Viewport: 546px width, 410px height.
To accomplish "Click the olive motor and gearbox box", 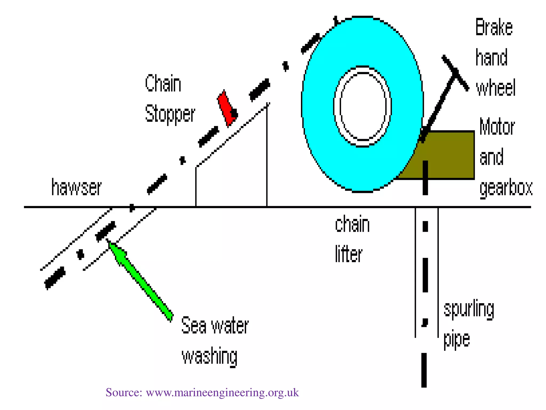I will pyautogui.click(x=448, y=155).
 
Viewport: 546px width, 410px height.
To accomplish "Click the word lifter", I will pyautogui.click(x=348, y=254).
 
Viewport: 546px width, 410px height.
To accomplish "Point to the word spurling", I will pyautogui.click(x=469, y=310).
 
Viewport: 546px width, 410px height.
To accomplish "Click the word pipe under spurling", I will pyautogui.click(x=456, y=340).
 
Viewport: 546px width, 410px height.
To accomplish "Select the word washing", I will pyautogui.click(x=210, y=356).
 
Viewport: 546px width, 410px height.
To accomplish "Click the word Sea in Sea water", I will pyautogui.click(x=194, y=326).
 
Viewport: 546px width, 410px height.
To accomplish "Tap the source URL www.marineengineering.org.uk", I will pyautogui.click(x=222, y=392).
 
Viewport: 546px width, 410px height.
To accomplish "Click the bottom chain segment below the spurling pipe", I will pyautogui.click(x=424, y=370).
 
